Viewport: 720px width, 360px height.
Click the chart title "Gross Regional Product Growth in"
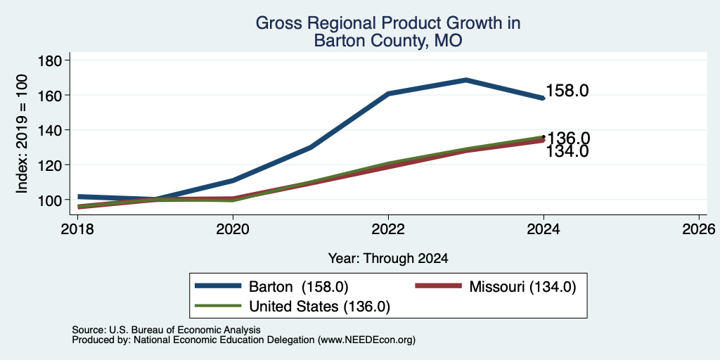(388, 23)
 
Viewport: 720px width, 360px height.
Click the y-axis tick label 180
(52, 60)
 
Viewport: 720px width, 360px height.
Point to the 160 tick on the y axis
(52, 95)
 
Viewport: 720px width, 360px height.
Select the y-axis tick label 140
(52, 130)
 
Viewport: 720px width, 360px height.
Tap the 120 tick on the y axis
(52, 165)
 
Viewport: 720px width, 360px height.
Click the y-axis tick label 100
(52, 200)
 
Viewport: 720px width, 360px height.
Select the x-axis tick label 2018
(77, 229)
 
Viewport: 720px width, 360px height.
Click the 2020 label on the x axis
(233, 229)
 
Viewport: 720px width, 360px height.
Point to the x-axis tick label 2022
(388, 229)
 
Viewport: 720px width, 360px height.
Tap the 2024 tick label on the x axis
(544, 229)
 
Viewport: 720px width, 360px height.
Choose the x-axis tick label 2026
(699, 229)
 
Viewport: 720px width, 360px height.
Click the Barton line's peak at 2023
(466, 80)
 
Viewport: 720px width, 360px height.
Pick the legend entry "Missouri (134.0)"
(495, 287)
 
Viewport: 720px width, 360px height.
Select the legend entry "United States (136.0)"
(292, 307)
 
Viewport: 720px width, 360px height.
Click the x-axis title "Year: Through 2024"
(388, 259)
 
